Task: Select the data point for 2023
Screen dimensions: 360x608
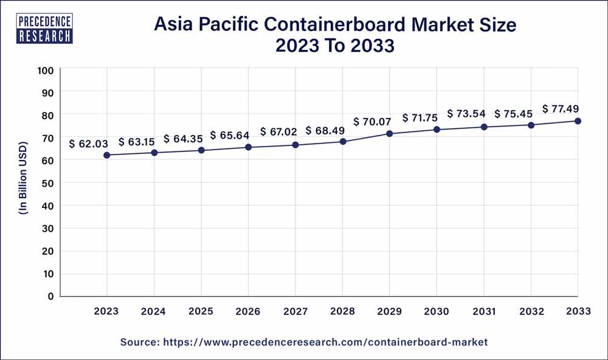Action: point(107,155)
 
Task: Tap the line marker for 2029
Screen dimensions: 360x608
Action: point(390,133)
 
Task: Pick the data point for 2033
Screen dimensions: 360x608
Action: point(578,121)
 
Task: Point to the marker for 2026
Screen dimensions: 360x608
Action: point(249,147)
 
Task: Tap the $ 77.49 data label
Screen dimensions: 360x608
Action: point(561,108)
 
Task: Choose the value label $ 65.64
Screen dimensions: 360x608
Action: point(230,135)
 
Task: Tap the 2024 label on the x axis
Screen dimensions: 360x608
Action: point(154,311)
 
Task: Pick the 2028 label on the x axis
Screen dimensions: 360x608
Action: point(342,311)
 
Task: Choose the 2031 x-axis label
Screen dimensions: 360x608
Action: point(483,311)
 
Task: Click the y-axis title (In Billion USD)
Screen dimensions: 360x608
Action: point(23,183)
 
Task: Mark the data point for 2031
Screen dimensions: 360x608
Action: point(484,127)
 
